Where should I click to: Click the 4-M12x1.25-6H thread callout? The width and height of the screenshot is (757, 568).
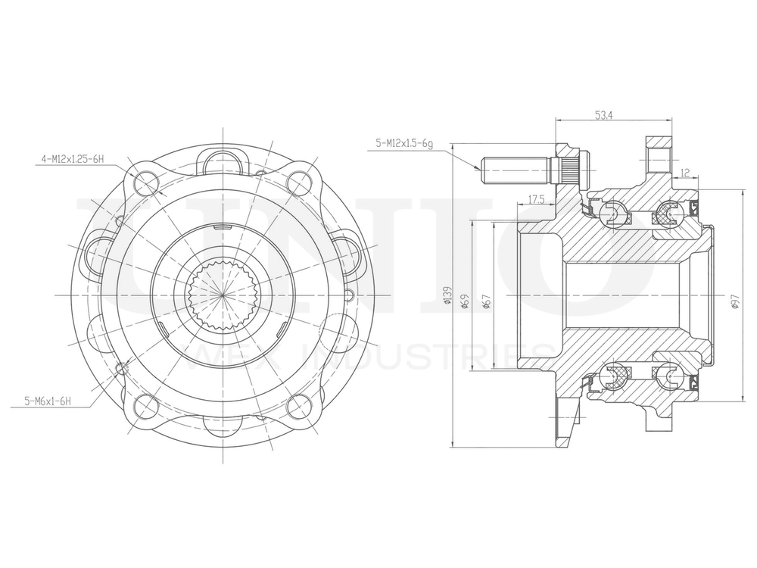click(72, 160)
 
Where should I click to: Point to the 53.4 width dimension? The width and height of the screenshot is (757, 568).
click(603, 115)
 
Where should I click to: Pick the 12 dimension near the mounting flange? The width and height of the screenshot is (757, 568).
click(684, 173)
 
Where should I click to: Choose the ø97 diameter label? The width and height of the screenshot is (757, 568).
click(734, 301)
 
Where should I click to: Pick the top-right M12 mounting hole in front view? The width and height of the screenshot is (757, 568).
click(301, 182)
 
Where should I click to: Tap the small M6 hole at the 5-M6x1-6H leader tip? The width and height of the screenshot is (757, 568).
click(120, 368)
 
